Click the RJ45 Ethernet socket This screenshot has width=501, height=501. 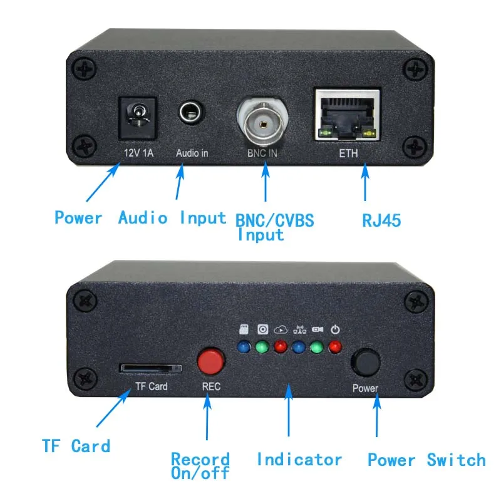coord(346,115)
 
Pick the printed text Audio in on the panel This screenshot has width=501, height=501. coord(192,152)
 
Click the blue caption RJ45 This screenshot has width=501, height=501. coord(381,220)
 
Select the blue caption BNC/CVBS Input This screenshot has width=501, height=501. coord(274,227)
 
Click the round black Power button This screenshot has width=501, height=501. coord(365,362)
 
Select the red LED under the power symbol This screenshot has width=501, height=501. coord(336,346)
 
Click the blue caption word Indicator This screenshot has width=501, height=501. coord(299,460)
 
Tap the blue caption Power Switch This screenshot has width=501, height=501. coord(426,460)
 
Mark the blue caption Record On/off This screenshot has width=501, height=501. coord(200,467)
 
